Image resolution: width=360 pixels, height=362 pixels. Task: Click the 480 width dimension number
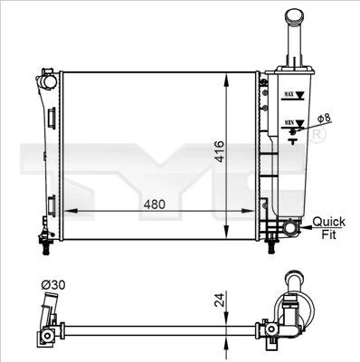(155, 205)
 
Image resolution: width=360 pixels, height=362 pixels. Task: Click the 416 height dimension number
(220, 151)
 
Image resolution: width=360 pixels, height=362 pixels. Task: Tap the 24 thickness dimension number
(220, 300)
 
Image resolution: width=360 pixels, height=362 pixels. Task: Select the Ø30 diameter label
(53, 285)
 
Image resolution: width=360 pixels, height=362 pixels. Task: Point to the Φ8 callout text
(324, 119)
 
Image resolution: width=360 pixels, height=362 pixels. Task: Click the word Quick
(328, 222)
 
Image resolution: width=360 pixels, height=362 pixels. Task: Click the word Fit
(328, 234)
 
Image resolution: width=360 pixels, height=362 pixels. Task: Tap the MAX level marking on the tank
(289, 94)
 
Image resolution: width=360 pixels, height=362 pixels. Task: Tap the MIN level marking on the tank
(289, 123)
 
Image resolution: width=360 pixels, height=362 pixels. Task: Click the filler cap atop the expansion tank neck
(295, 15)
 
